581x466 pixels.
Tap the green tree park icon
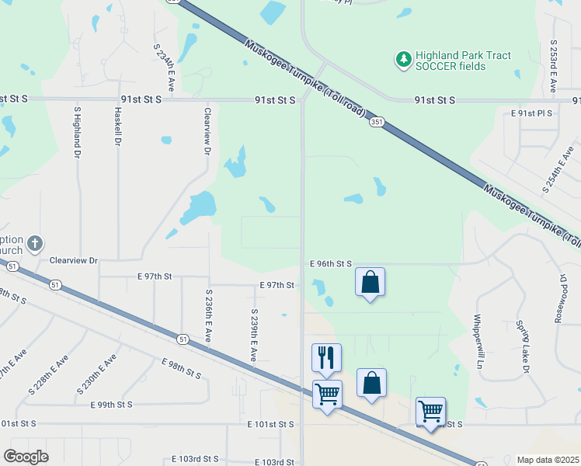pos(403,60)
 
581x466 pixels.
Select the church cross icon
pos(33,245)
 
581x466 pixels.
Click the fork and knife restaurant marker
pos(326,358)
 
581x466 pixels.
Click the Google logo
pos(26,456)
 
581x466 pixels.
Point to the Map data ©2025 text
pos(548,460)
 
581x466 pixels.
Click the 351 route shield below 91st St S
pos(377,122)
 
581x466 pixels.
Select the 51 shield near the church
pos(12,266)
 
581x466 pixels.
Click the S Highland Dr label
pos(78,132)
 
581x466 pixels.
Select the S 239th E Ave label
pos(253,335)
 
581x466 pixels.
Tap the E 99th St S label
pos(111,405)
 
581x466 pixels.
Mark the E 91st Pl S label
pos(531,113)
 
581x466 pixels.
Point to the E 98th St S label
pos(181,369)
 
